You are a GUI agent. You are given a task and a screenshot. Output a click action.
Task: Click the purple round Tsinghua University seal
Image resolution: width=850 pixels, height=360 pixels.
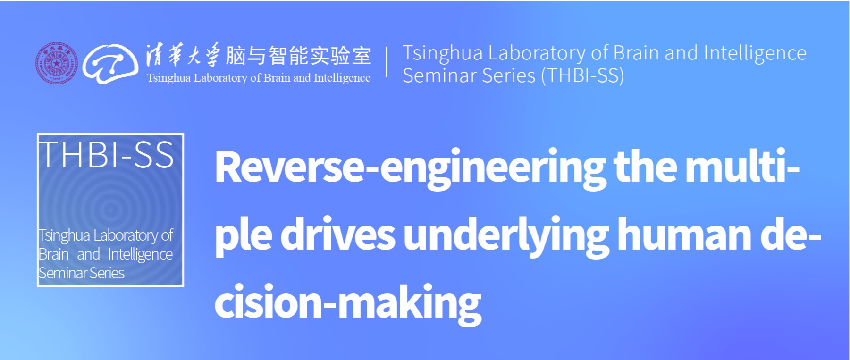coord(57,63)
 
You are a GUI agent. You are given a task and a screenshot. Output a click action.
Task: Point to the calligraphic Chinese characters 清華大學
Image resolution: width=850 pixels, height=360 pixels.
coord(183,55)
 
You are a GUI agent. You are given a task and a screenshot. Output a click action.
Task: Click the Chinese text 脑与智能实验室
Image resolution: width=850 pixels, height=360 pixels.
coord(298,56)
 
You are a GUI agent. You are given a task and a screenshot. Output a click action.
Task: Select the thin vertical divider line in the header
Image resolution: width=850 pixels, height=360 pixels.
coord(387,61)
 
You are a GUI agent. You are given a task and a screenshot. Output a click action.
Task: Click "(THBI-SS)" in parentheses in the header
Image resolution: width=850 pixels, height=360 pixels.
coord(582,75)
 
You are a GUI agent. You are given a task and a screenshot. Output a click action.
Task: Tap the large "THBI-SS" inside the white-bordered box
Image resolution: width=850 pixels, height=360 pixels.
coord(107,155)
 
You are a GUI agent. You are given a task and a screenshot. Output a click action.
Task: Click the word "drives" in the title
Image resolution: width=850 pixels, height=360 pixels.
coord(338,234)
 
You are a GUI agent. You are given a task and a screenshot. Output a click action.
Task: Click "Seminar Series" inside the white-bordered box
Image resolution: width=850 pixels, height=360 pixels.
coord(82,273)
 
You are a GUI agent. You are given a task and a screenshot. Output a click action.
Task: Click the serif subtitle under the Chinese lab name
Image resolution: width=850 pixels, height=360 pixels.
coord(259,78)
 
